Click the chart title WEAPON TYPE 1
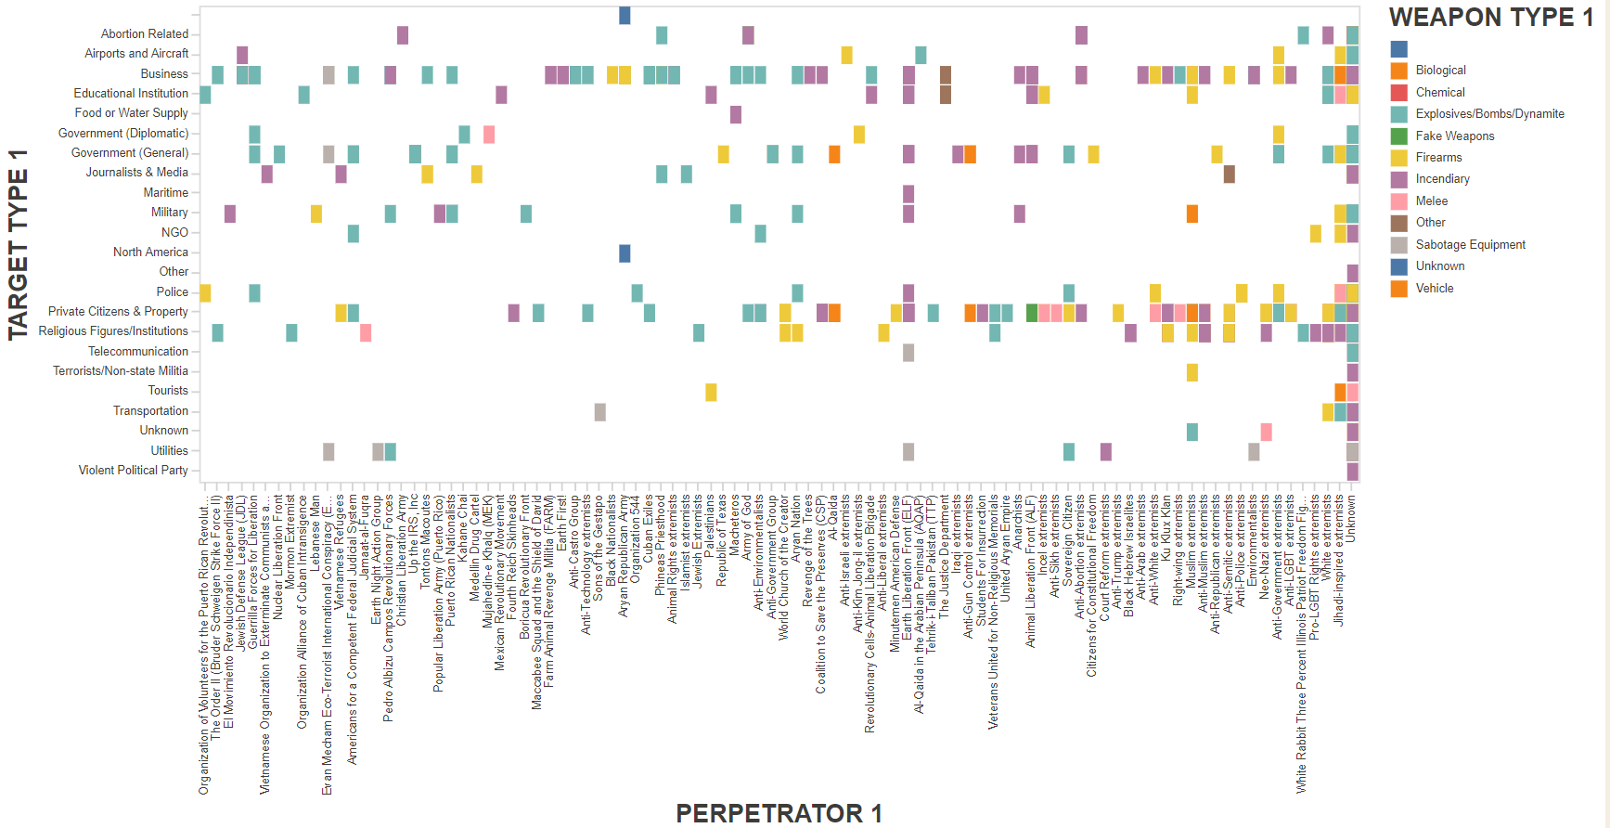pyautogui.click(x=1490, y=18)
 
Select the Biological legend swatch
pyautogui.click(x=1398, y=71)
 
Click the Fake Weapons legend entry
pyautogui.click(x=1454, y=136)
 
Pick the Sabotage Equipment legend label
pyautogui.click(x=1470, y=245)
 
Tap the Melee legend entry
pyautogui.click(x=1431, y=201)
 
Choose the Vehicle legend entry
pyautogui.click(x=1434, y=289)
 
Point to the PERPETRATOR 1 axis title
pyautogui.click(x=778, y=813)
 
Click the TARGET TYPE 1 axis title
pyautogui.click(x=19, y=244)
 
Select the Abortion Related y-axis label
pyautogui.click(x=144, y=34)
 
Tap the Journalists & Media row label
pyautogui.click(x=136, y=173)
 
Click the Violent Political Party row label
pyautogui.click(x=133, y=471)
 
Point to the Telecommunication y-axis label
pyautogui.click(x=137, y=352)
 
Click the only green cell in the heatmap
pyautogui.click(x=1031, y=313)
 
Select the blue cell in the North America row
pyautogui.click(x=625, y=253)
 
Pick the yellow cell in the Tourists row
pyautogui.click(x=711, y=392)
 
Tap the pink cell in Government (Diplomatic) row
pyautogui.click(x=489, y=135)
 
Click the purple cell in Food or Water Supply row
pyautogui.click(x=736, y=114)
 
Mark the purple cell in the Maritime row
pyautogui.click(x=908, y=194)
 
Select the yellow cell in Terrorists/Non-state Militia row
pyautogui.click(x=1191, y=372)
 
